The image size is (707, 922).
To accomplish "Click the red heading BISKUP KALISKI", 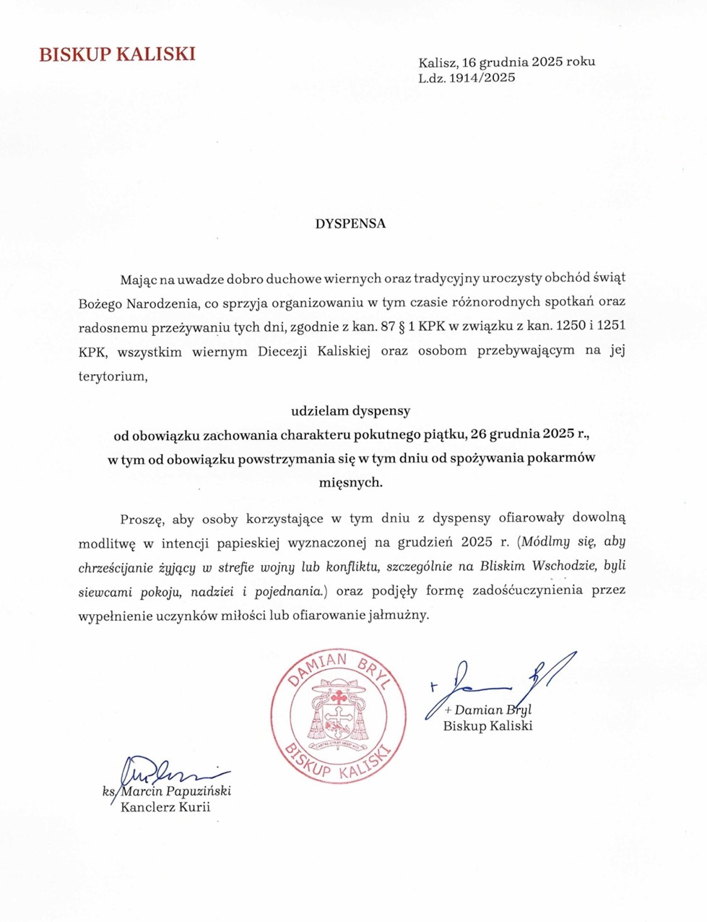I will click(117, 54).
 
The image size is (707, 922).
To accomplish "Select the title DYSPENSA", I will click(350, 223).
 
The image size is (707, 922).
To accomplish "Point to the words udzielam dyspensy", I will click(350, 411).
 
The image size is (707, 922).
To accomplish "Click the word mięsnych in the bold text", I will click(350, 482).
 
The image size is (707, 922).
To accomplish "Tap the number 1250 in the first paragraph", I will click(569, 325).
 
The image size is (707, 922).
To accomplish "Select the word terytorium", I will click(112, 376).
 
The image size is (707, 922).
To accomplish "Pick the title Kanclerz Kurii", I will click(165, 807).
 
